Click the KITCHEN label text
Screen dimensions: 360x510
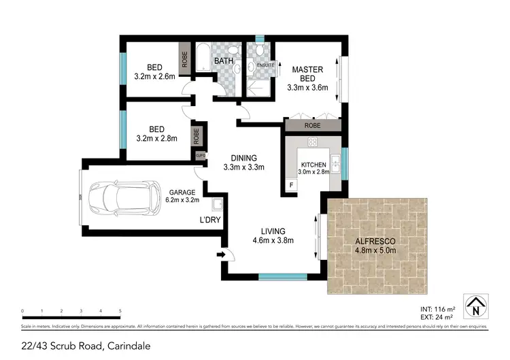[x=314, y=165]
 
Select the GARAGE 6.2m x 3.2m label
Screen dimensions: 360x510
[x=182, y=197]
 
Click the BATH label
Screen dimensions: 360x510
[x=224, y=61]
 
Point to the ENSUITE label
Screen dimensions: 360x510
[x=266, y=65]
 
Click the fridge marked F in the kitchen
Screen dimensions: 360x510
[x=292, y=185]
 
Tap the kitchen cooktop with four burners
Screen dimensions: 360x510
[x=313, y=142]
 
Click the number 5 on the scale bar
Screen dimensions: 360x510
[x=120, y=311]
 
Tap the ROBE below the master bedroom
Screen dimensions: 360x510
[x=312, y=126]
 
